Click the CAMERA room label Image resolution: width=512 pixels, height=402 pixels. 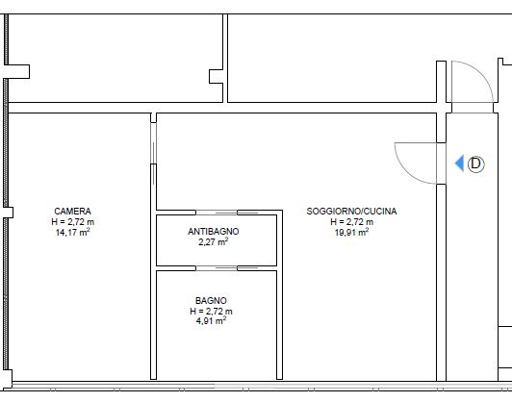click(72, 212)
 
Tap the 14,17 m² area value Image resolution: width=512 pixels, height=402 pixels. click(72, 233)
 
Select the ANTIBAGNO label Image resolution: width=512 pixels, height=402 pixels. click(214, 232)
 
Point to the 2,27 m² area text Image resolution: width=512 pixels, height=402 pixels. click(214, 241)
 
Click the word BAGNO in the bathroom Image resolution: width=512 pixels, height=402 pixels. click(211, 300)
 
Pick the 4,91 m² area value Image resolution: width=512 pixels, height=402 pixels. click(211, 321)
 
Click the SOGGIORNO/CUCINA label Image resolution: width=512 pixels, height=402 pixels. click(351, 212)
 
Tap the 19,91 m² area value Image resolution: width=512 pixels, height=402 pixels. click(351, 233)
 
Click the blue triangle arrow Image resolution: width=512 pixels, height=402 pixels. click(459, 163)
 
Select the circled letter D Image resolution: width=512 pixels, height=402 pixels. click(476, 163)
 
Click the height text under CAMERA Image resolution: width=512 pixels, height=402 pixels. click(72, 222)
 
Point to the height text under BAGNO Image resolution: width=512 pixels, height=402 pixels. click(211, 311)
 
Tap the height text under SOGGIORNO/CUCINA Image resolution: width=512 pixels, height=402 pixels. click(351, 222)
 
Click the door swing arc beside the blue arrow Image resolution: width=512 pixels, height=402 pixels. click(407, 172)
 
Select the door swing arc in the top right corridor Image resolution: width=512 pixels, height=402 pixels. click(481, 73)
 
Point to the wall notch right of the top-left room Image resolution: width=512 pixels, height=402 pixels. click(216, 76)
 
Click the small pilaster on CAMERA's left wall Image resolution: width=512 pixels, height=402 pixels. click(9, 213)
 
